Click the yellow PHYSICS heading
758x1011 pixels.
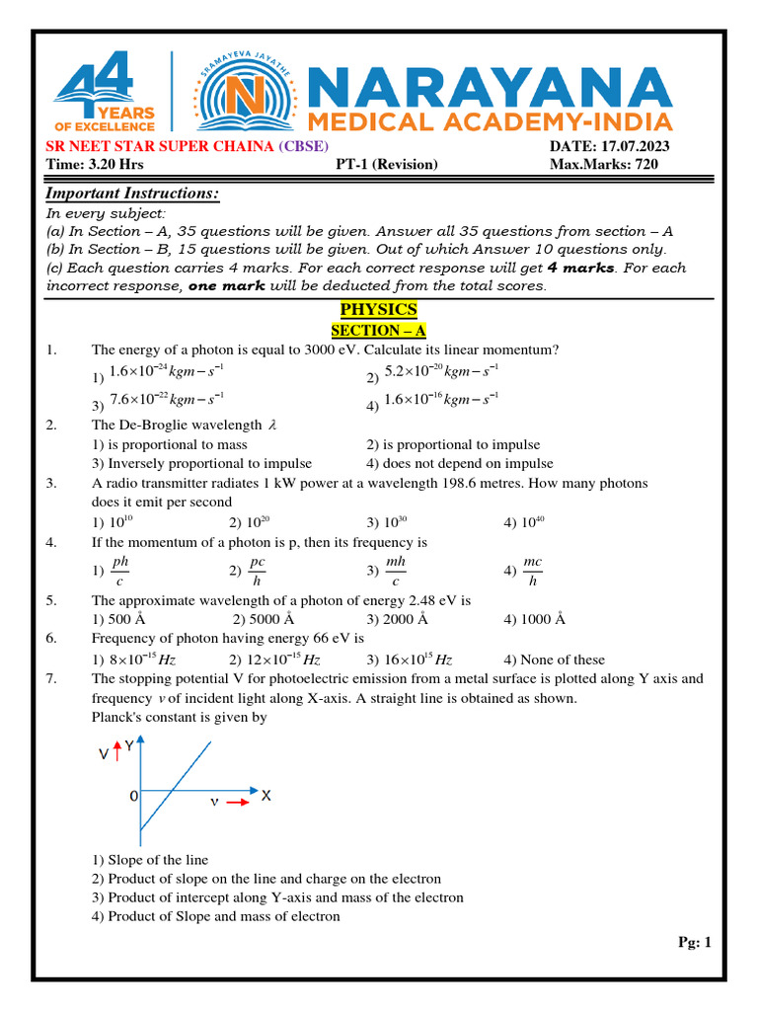(379, 310)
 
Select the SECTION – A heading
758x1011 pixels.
(379, 331)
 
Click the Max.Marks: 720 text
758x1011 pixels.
(603, 165)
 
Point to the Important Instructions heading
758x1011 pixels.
(133, 194)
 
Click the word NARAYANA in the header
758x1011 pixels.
(491, 88)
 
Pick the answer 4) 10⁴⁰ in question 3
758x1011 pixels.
(524, 522)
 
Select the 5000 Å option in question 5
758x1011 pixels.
(264, 620)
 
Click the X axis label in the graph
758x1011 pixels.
(266, 795)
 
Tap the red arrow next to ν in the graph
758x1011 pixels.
(238, 804)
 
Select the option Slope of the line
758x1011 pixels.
(150, 860)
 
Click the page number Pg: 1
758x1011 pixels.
(695, 943)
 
